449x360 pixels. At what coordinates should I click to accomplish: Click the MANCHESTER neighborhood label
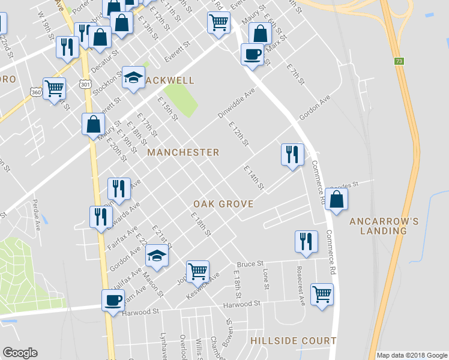click(183, 152)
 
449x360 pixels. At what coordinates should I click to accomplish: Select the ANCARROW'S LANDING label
click(384, 226)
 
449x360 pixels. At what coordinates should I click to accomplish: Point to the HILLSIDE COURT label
click(294, 341)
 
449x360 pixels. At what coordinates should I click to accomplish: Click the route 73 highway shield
click(399, 62)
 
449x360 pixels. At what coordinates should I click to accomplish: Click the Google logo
click(20, 353)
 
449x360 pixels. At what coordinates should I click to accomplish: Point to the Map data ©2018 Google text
click(412, 355)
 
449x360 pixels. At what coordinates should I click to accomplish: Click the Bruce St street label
click(250, 264)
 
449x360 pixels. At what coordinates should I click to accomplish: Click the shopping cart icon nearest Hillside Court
click(322, 294)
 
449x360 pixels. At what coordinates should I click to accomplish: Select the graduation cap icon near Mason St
click(157, 256)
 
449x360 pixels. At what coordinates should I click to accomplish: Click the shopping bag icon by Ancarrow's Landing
click(337, 199)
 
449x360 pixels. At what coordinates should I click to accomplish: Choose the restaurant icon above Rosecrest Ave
click(306, 241)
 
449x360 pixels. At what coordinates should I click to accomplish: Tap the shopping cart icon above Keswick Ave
click(197, 271)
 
